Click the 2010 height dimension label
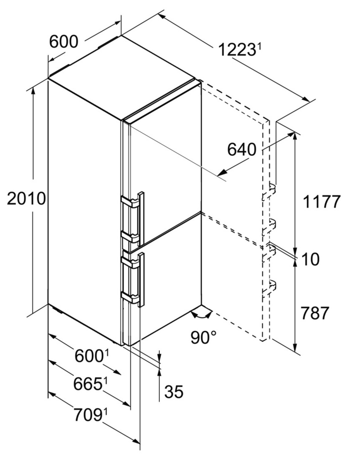pos(26,199)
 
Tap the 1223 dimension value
pos(237,50)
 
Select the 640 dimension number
pos(241,150)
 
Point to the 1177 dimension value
pos(321,202)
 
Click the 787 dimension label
pos(315,313)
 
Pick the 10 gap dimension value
pos(310,259)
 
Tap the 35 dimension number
pos(174,391)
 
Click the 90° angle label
pos(204,337)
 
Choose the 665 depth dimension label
pos(88,384)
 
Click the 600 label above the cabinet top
pos(64,41)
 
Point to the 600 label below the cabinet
pos(89,356)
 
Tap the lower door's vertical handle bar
pos(142,280)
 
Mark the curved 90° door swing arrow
pos(201,315)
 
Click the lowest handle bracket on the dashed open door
pos(269,288)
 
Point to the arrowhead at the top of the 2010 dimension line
pos(33,90)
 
